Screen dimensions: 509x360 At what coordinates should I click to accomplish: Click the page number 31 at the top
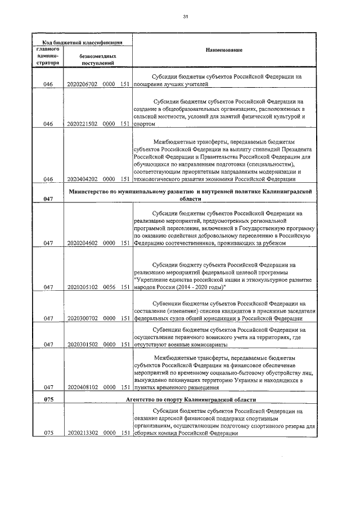tap(185, 16)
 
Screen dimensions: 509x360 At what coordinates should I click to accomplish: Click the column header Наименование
tap(223, 51)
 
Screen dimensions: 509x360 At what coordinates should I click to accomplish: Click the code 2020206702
tap(82, 85)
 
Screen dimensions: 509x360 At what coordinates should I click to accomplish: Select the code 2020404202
tap(82, 179)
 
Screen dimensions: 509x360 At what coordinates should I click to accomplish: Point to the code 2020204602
tap(82, 244)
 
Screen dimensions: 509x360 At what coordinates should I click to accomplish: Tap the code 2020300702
tap(82, 318)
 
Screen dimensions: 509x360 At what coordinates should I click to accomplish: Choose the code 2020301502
tap(82, 344)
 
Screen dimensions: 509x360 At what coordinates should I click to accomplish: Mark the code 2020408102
tap(82, 388)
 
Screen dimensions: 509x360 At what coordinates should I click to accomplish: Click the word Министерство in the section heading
tap(92, 192)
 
